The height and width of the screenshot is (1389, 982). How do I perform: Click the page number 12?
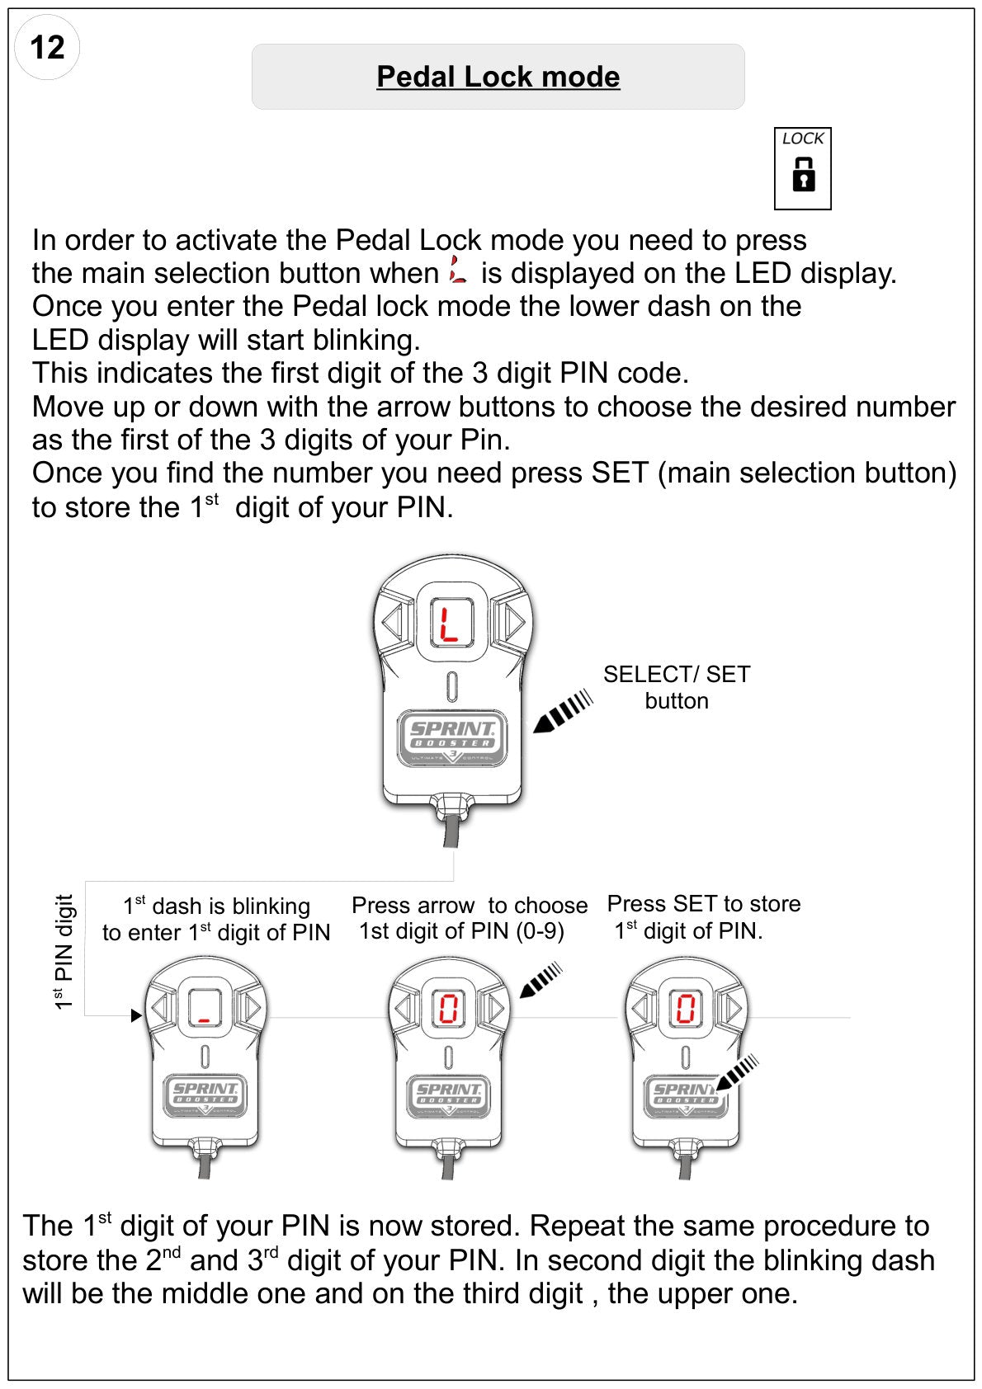pos(46,47)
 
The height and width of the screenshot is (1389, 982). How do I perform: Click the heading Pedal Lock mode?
pos(498,77)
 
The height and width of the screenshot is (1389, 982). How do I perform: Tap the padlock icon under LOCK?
pos(803,173)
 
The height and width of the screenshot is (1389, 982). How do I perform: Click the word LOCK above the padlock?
pos(803,139)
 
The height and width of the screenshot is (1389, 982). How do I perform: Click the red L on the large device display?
pos(448,624)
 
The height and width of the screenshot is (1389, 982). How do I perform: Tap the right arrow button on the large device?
pos(512,621)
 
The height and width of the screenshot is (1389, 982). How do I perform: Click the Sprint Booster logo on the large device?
pos(451,738)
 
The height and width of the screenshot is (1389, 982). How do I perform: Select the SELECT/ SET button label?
pos(677,687)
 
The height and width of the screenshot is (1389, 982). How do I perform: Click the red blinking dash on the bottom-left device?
pos(205,1020)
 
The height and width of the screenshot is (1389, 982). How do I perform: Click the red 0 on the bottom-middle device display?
pos(448,1008)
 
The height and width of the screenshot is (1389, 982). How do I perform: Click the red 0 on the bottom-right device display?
pos(685,1008)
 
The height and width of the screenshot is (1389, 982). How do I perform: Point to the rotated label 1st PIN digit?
pos(64,952)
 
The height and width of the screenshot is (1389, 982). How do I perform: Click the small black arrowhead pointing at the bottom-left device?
pos(136,1015)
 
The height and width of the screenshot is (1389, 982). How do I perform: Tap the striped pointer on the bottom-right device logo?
pos(737,1072)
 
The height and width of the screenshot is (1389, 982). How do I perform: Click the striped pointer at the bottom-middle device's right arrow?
pos(541,980)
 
